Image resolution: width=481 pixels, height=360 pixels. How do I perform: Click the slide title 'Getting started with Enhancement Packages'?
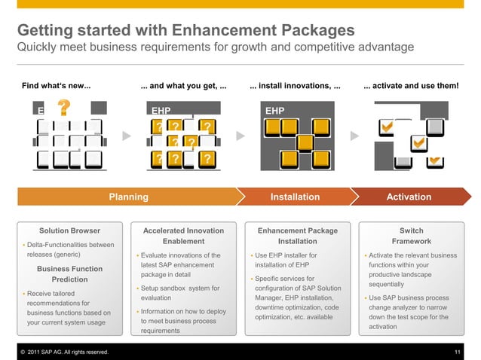185,31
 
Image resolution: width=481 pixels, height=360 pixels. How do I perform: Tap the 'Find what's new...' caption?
57,86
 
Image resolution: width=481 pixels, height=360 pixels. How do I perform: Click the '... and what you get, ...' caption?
184,86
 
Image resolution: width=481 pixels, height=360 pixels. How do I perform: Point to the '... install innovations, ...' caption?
295,86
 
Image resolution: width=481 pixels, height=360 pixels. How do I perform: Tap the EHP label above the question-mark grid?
161,111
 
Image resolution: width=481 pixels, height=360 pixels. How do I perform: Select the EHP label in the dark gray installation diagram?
274,111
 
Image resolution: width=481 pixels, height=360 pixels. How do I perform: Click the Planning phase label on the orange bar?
128,197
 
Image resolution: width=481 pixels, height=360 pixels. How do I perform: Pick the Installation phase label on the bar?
295,197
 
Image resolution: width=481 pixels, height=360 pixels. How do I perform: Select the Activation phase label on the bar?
408,197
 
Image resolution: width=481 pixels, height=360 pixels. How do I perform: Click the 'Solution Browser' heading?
69,230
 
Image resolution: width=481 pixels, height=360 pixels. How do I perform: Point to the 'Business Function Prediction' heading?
69,274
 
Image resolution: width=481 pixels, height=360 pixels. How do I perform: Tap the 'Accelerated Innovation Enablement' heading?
183,236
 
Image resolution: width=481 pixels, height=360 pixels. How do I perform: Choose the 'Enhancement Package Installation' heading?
297,236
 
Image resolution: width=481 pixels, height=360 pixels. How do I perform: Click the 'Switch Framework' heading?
411,236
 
